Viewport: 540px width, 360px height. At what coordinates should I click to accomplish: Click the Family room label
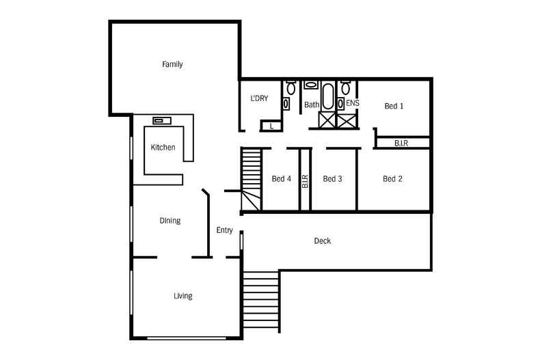[x=172, y=65]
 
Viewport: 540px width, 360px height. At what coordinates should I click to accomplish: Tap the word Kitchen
[x=163, y=148]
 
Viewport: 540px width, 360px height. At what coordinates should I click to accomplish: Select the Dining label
[x=170, y=221]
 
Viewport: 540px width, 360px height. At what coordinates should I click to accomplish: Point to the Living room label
[x=183, y=296]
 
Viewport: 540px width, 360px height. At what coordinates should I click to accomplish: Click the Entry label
[x=225, y=230]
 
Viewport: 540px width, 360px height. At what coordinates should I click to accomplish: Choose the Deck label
[x=322, y=241]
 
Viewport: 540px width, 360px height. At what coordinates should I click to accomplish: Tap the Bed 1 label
[x=394, y=106]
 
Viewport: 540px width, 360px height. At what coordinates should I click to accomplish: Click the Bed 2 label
[x=392, y=179]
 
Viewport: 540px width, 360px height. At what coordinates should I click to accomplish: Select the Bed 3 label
[x=332, y=179]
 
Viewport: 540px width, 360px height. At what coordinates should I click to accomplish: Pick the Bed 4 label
[x=281, y=179]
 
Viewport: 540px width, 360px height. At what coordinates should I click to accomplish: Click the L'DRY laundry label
[x=259, y=99]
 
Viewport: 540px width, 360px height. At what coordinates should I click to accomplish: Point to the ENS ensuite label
[x=353, y=104]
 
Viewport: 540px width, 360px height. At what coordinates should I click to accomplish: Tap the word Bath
[x=312, y=105]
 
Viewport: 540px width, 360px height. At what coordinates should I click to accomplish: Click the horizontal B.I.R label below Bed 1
[x=402, y=143]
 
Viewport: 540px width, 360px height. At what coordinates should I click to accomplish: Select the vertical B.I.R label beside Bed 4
[x=306, y=180]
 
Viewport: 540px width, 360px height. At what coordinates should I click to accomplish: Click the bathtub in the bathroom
[x=327, y=97]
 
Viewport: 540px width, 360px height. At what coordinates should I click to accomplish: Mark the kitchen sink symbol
[x=161, y=121]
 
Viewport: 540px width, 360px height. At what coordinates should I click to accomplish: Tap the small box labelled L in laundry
[x=271, y=126]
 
